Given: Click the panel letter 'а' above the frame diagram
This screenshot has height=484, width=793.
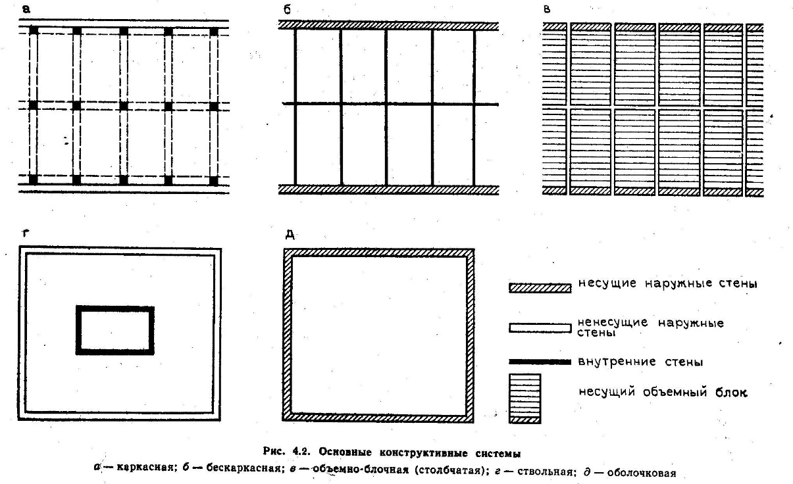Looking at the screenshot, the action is [26, 9].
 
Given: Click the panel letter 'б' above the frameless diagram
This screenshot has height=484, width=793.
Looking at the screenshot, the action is [287, 9].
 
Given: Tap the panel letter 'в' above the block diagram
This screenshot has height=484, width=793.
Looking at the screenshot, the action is [547, 9].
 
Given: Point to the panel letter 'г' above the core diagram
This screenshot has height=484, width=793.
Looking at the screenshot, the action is [25, 233].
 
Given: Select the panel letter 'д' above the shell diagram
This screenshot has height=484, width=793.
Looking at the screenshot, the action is [290, 235].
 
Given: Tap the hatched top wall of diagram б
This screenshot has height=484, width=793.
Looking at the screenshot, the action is [388, 25].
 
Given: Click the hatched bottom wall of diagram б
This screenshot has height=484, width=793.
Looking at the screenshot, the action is [388, 190].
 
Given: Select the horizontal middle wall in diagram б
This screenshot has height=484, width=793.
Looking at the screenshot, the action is [390, 104].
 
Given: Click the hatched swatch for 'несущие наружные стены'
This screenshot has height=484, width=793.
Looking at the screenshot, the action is [540, 287].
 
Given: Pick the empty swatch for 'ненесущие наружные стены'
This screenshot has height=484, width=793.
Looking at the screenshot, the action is [540, 328].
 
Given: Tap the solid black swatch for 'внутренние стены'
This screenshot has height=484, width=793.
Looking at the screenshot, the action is [540, 362].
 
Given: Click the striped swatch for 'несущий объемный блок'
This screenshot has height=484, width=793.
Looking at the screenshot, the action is [525, 399].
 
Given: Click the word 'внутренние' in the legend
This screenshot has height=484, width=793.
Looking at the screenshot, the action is [617, 362].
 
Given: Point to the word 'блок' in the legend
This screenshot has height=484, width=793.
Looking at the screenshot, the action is [731, 392].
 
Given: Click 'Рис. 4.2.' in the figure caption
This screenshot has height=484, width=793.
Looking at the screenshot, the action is [287, 452].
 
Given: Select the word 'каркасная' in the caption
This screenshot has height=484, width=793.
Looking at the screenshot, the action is [145, 468].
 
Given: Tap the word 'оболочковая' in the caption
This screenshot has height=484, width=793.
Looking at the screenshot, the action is [642, 473].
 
